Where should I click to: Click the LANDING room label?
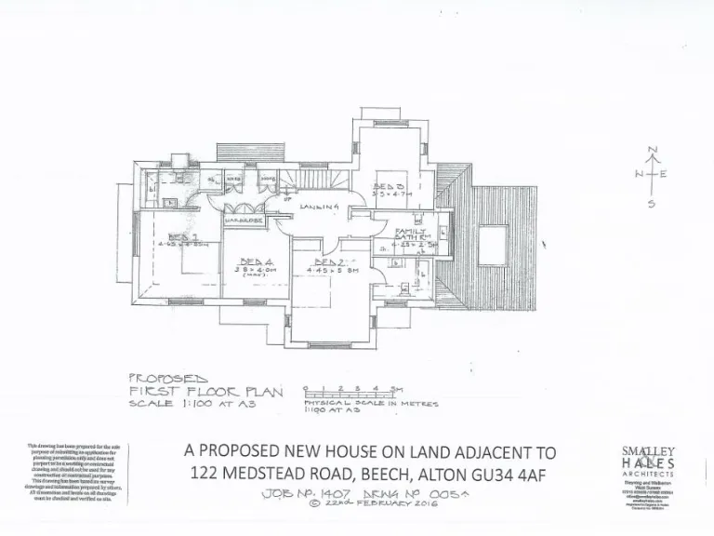pos(317,207)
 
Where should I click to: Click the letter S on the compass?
pos(651,204)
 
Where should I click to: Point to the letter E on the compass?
pos(666,174)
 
